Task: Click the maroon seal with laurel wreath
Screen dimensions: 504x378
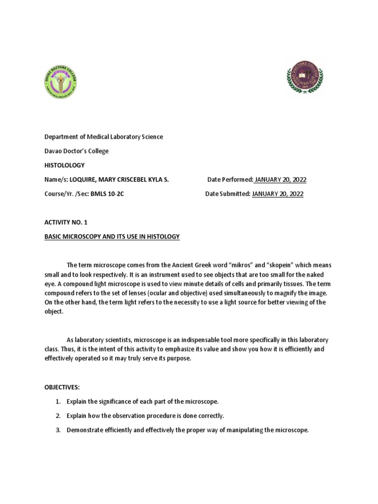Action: (305, 77)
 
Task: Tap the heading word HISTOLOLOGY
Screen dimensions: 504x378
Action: (64, 165)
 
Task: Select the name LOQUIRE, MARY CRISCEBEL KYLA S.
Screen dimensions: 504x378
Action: (119, 180)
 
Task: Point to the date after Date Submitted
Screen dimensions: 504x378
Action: (278, 194)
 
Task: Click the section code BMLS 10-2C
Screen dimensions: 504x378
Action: (107, 194)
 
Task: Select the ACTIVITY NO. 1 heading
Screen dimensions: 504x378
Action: (66, 222)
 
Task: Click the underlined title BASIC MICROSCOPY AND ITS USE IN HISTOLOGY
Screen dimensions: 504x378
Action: (112, 237)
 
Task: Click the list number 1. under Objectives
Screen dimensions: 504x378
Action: (58, 402)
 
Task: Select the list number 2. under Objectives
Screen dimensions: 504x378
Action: (58, 416)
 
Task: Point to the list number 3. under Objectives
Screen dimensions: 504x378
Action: (58, 430)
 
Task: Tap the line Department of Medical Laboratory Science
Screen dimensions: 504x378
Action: (104, 137)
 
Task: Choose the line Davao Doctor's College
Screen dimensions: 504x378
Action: (77, 151)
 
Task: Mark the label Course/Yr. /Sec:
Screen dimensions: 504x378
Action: (67, 194)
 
